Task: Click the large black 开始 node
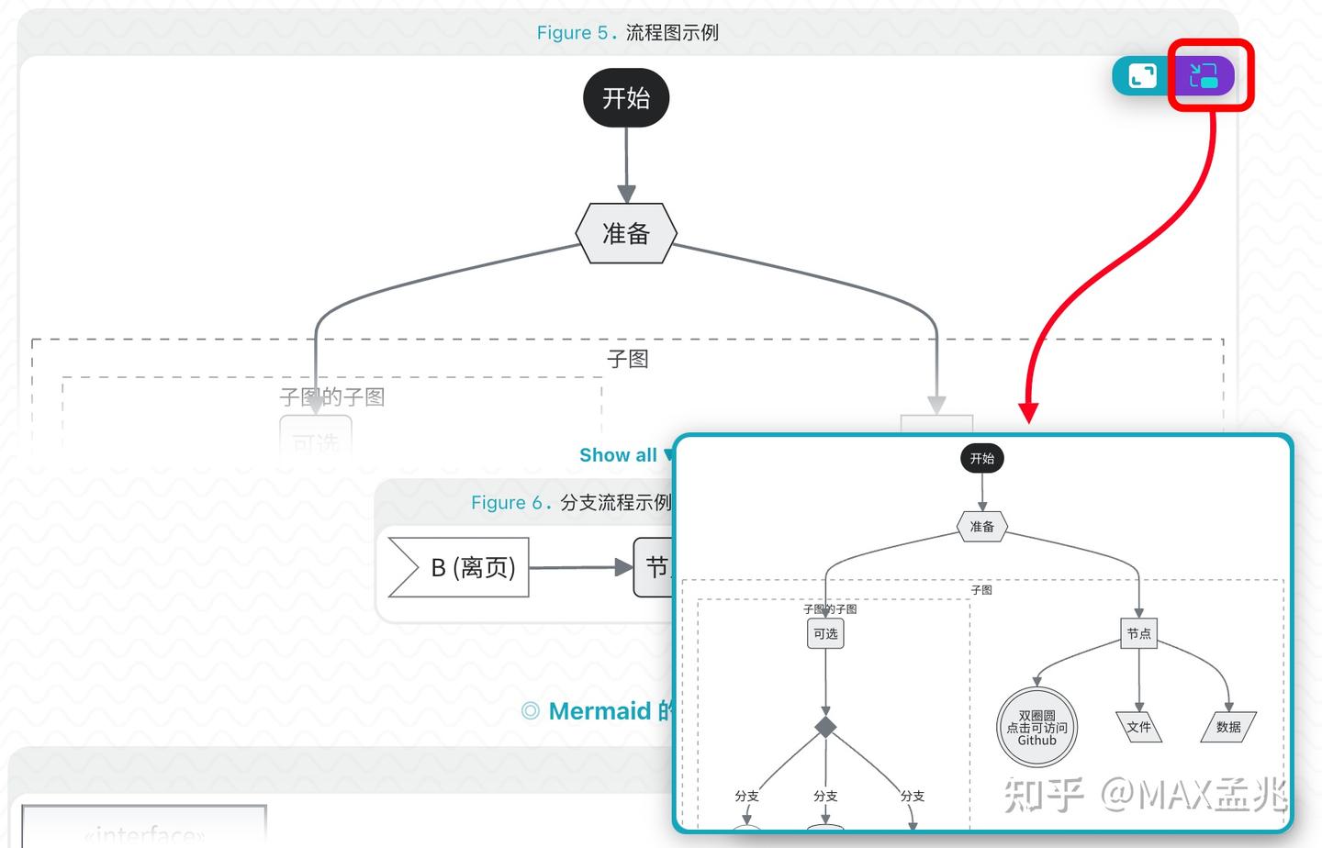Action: pos(626,97)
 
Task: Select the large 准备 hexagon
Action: pos(626,234)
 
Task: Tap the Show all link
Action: pos(619,455)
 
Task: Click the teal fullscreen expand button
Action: pos(1142,76)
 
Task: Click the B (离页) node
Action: pos(459,567)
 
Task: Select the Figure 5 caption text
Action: pos(627,33)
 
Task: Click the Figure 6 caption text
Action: pos(570,503)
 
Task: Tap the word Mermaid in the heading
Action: pos(599,711)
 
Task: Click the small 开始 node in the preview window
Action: pos(981,459)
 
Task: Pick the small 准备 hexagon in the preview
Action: pos(981,527)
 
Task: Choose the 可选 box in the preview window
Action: pos(825,633)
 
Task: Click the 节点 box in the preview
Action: pos(1138,633)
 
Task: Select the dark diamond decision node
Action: pos(825,728)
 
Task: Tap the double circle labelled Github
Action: pos(1036,728)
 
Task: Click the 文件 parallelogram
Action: pos(1138,727)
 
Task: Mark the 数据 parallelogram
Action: pos(1228,727)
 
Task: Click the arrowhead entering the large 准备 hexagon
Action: pos(626,194)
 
